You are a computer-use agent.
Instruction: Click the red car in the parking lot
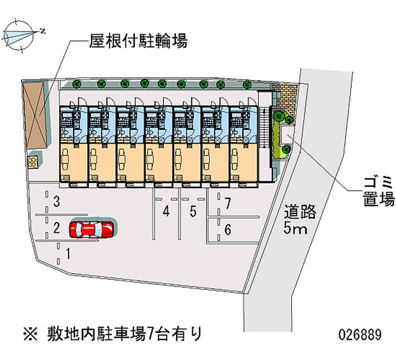click(92, 229)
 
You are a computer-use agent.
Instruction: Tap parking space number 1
click(68, 254)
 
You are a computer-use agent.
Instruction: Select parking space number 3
click(57, 202)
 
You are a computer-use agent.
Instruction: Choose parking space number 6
click(228, 230)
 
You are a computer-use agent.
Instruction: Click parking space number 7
click(228, 203)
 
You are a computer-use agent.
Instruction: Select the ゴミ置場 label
click(377, 191)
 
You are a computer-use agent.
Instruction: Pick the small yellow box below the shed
click(34, 161)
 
